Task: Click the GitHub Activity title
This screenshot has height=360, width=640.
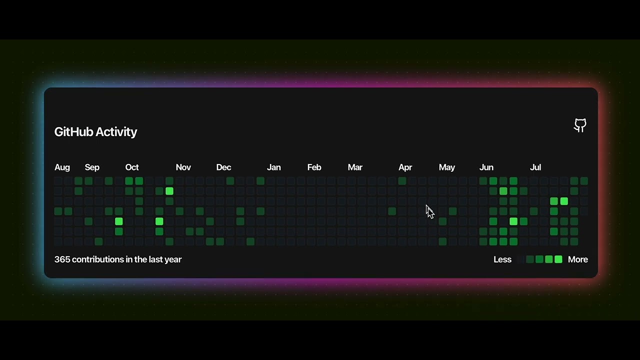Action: (x=95, y=132)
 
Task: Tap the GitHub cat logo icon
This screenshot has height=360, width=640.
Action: (x=580, y=125)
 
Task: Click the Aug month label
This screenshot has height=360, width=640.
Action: (x=62, y=167)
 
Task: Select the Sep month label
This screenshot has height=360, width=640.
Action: (x=92, y=167)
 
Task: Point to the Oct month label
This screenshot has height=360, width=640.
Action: (x=132, y=167)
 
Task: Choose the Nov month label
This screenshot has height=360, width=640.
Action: (x=183, y=167)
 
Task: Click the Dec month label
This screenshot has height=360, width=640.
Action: (x=223, y=167)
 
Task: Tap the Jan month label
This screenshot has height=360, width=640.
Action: (x=273, y=167)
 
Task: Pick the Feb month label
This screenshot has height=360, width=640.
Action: (x=314, y=167)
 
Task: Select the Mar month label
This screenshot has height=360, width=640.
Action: (x=355, y=167)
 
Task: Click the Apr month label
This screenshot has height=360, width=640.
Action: (x=405, y=167)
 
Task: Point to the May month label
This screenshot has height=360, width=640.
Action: (x=446, y=167)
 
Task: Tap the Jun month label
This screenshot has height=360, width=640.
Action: (x=486, y=167)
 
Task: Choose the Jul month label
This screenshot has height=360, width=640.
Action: (x=535, y=167)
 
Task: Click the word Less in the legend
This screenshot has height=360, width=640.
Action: (x=502, y=259)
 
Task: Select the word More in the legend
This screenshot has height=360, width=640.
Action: (x=577, y=259)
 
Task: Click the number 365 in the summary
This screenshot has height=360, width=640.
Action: (x=62, y=259)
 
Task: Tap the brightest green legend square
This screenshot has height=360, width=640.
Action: (x=558, y=259)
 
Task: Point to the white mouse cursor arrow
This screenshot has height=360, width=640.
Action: (x=429, y=211)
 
